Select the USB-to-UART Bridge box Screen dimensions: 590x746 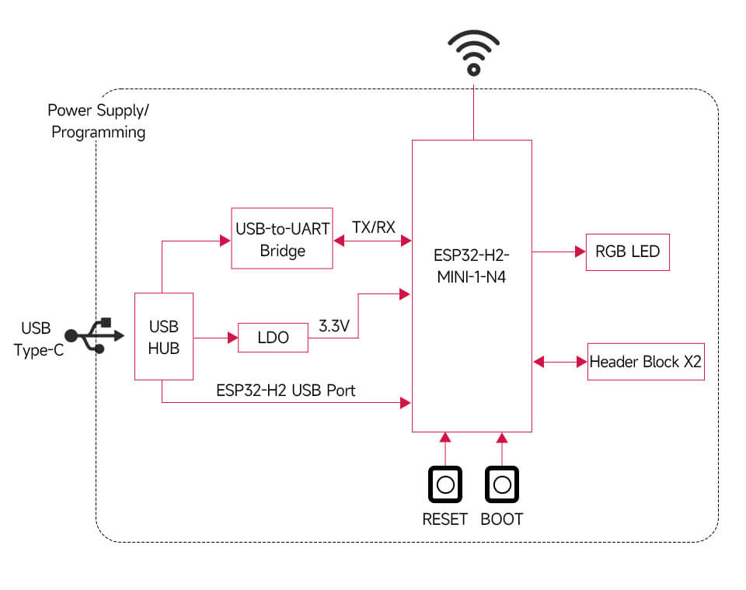pyautogui.click(x=282, y=238)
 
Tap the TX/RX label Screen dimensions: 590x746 pyautogui.click(x=373, y=228)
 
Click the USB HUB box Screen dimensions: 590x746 pyautogui.click(x=164, y=336)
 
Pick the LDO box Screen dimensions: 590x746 pyautogui.click(x=273, y=338)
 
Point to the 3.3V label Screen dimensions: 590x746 pyautogui.click(x=334, y=327)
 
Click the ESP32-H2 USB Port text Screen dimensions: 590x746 pyautogui.click(x=285, y=390)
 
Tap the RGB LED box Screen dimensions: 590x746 pyautogui.click(x=627, y=252)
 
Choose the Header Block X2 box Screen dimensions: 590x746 pyautogui.click(x=646, y=361)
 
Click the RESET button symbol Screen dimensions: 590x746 pyautogui.click(x=445, y=485)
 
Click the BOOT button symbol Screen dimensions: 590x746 pyautogui.click(x=502, y=485)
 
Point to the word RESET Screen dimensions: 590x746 pyautogui.click(x=445, y=519)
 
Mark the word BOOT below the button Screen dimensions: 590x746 pyautogui.click(x=502, y=519)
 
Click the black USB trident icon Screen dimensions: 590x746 pyautogui.click(x=95, y=335)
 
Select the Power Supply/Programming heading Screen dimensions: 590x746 pyautogui.click(x=98, y=121)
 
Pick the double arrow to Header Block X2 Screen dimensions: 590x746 pyautogui.click(x=559, y=361)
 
